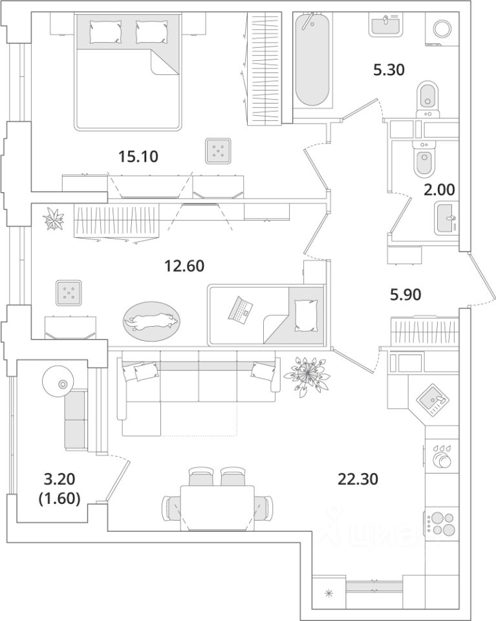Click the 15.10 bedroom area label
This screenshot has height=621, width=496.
point(139,157)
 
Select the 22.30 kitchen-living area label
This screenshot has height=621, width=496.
point(358,479)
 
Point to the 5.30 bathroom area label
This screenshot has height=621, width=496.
point(389,69)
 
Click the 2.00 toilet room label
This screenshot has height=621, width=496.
point(440,190)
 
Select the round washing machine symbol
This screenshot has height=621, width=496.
point(442,29)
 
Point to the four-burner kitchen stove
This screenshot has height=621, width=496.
point(441,523)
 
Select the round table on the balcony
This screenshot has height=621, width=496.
point(62,383)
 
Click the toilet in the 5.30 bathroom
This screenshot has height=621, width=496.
point(426,96)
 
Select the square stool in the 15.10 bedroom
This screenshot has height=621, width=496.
point(218,152)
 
